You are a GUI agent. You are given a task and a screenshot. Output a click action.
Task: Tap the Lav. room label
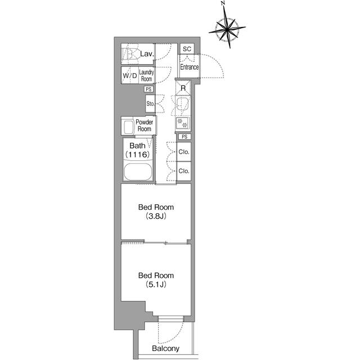147,55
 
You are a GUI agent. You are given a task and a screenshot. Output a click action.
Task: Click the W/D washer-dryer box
129,75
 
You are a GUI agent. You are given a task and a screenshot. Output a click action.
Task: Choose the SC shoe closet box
187,49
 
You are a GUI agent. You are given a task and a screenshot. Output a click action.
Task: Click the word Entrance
189,67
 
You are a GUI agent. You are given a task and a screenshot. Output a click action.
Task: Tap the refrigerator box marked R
183,89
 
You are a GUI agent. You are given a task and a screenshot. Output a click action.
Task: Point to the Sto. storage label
150,104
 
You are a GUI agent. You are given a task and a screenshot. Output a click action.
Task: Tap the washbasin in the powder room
127,126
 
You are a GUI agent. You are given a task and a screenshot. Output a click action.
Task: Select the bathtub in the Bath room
137,172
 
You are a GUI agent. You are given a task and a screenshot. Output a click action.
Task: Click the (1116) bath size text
137,155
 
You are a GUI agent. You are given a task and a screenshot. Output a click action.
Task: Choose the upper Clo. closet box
183,152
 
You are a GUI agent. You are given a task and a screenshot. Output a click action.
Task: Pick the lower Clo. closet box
183,170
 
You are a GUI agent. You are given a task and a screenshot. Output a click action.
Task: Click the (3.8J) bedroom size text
156,216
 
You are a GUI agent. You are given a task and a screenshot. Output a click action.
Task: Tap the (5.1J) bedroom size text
156,285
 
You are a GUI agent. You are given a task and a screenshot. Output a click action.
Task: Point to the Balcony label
166,349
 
